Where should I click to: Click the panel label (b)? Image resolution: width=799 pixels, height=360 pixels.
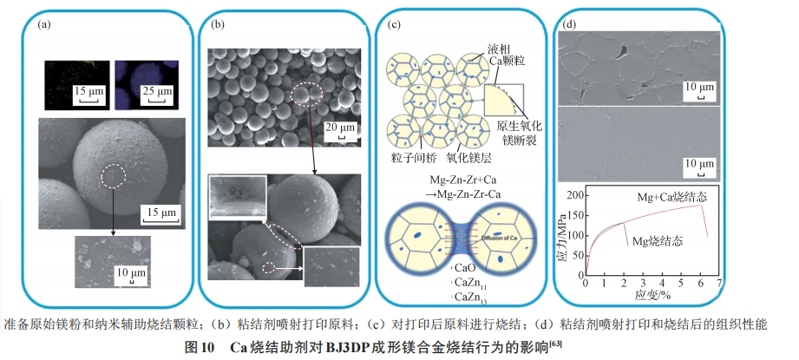pos(218,24)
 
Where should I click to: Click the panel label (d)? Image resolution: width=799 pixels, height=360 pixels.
pos(570,24)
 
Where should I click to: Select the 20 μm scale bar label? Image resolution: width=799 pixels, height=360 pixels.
pos(338,128)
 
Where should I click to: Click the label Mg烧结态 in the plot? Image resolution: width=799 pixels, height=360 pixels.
pos(658,239)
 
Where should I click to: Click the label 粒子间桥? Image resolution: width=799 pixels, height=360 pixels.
pos(406,160)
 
